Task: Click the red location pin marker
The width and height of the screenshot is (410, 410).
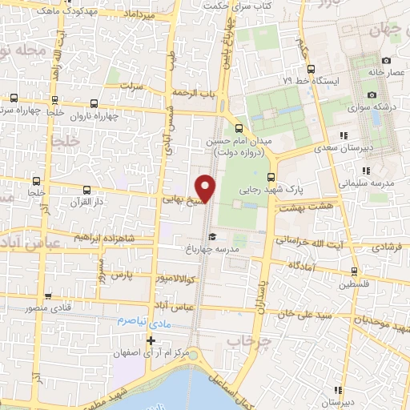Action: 207,187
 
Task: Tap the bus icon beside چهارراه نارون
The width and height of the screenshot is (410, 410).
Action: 95,103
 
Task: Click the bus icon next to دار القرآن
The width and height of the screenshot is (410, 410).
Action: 87,191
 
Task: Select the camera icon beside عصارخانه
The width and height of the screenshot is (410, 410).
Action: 386,61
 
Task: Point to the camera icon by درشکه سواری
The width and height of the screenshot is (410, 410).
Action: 349,105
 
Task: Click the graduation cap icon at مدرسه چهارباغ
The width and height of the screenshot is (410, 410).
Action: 211,236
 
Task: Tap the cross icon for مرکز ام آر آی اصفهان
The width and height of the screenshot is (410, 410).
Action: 151,340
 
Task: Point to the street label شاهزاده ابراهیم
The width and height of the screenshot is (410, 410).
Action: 102,238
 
